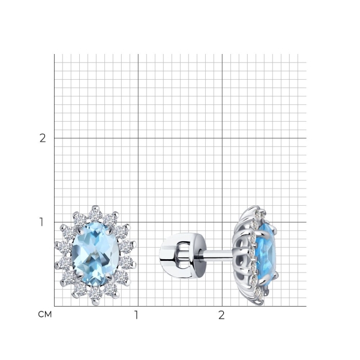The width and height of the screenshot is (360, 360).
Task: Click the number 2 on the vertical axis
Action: (x=43, y=138)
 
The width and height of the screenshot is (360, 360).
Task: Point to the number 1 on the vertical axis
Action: (x=41, y=222)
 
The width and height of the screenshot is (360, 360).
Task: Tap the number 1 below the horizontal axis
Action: (x=136, y=315)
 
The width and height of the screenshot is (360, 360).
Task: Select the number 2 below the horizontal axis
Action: (x=221, y=315)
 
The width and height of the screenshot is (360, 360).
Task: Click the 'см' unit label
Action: (x=45, y=314)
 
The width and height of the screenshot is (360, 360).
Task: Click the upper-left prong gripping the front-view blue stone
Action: (x=79, y=231)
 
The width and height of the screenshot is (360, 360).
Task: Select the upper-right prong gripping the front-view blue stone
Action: (x=110, y=230)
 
